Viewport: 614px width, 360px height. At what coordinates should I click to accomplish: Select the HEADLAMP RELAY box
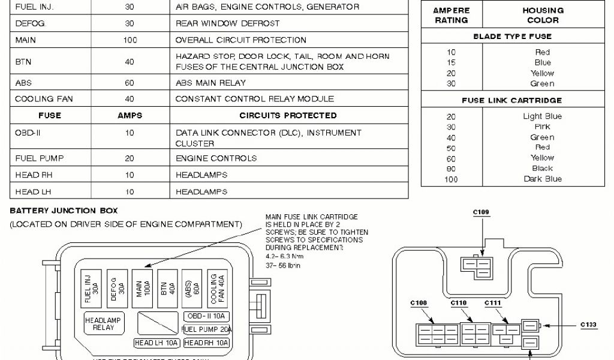click(103, 325)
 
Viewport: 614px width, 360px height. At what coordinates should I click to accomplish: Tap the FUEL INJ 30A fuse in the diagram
click(91, 289)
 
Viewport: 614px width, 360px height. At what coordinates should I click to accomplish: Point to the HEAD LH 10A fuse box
click(156, 343)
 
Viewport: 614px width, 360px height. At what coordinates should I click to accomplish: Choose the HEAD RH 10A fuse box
click(207, 343)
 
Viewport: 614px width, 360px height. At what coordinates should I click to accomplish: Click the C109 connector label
click(481, 212)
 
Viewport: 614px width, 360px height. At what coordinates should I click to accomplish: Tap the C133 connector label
click(588, 325)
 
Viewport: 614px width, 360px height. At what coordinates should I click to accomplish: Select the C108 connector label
click(419, 303)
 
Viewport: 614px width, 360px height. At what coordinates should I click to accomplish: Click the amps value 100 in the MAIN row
click(130, 40)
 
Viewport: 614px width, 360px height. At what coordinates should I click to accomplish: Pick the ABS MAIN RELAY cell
click(210, 83)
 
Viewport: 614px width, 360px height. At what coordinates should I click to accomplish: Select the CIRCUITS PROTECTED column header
click(288, 115)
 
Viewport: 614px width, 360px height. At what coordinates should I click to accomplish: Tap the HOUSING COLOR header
click(543, 15)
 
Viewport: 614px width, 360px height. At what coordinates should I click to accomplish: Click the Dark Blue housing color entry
click(543, 179)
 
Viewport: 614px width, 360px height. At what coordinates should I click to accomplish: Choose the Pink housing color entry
click(543, 127)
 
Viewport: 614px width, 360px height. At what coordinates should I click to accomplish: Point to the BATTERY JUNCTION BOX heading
click(64, 211)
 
